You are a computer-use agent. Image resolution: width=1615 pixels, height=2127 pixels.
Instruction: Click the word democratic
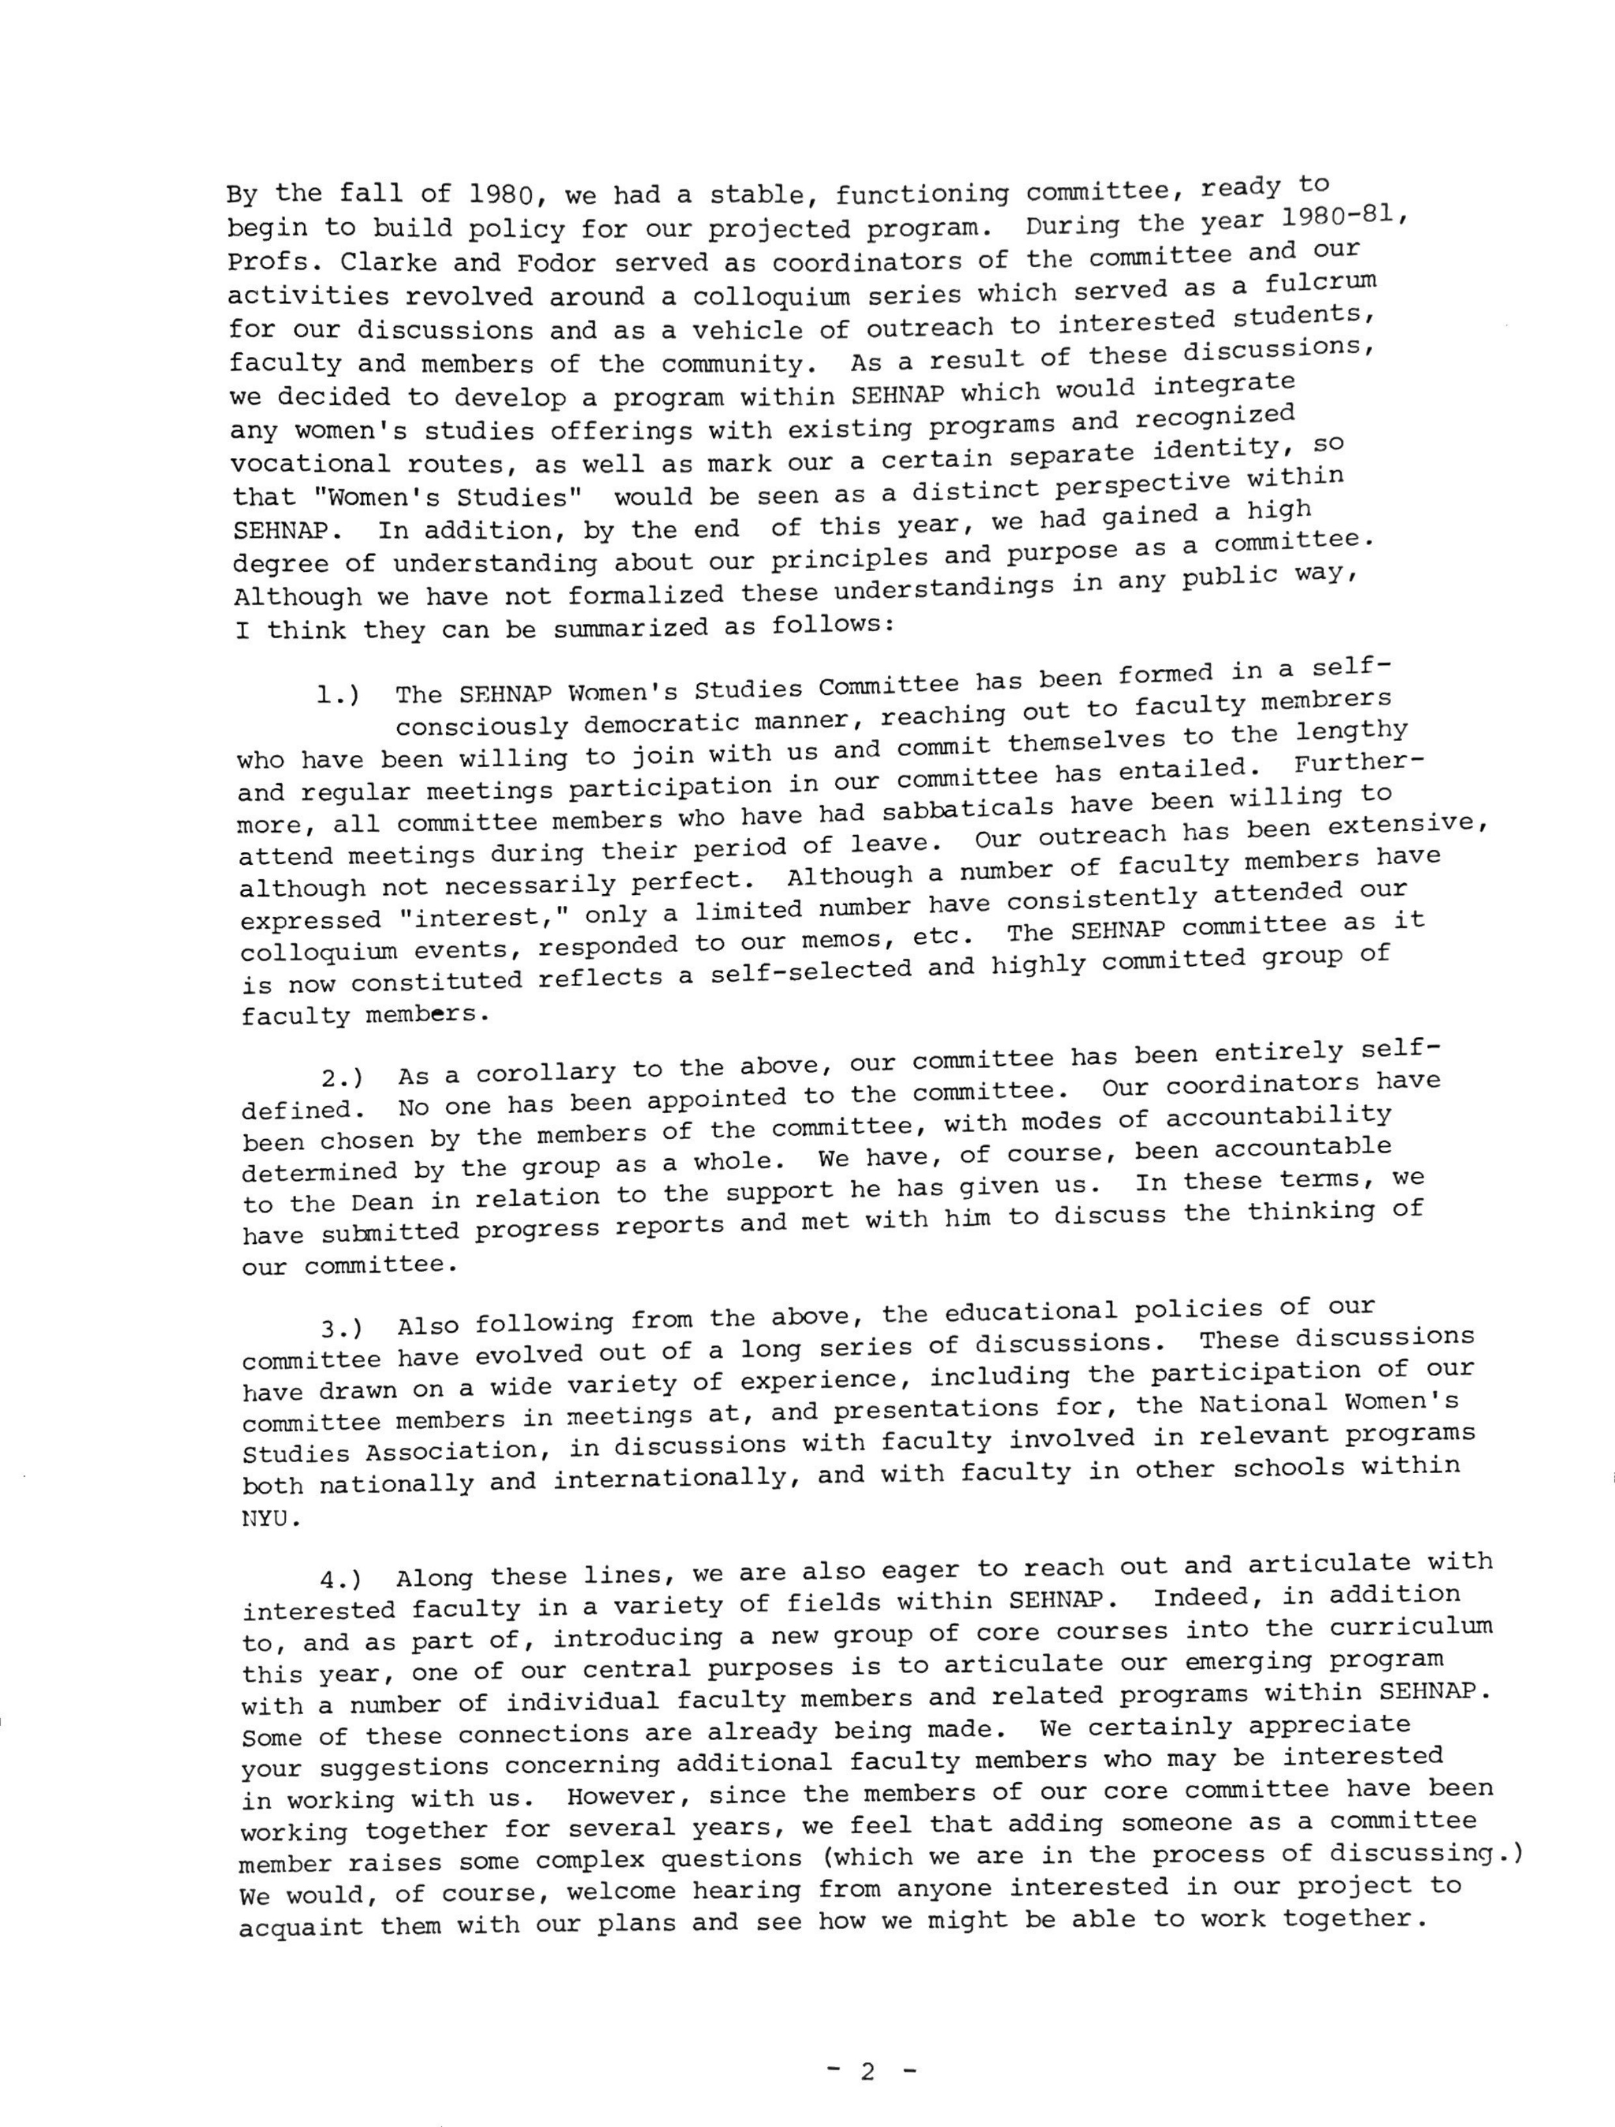[689, 722]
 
